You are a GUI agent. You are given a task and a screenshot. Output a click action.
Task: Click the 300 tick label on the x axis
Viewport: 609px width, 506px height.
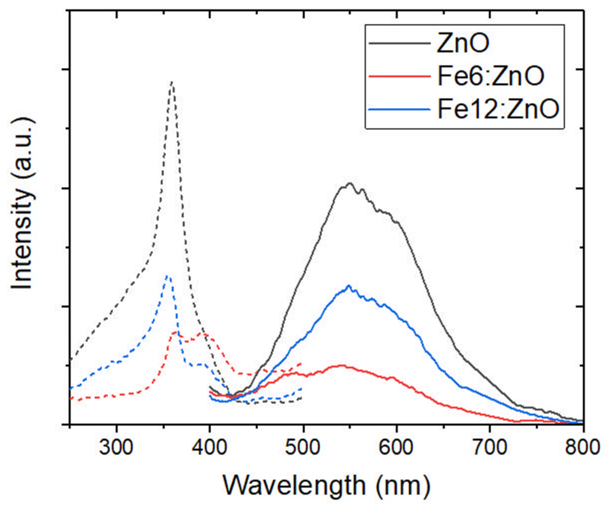pos(116,447)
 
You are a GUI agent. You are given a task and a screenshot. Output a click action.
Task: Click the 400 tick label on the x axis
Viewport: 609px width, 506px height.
pos(209,447)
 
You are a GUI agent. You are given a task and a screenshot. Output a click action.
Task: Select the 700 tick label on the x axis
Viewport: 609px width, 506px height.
pos(489,447)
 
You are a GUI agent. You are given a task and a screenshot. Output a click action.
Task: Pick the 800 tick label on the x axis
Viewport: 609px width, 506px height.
pos(582,447)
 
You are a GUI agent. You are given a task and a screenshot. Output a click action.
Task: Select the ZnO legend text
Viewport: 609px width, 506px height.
pos(463,44)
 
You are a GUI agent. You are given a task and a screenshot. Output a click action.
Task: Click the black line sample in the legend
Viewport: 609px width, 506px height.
pos(400,44)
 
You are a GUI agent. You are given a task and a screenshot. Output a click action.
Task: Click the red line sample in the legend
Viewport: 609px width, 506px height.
pos(400,76)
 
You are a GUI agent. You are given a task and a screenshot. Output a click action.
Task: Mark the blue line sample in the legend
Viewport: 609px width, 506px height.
pos(400,109)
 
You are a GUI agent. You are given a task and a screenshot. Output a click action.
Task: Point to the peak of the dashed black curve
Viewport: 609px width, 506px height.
pos(172,82)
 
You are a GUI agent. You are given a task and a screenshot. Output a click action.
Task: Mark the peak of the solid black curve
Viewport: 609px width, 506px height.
pos(350,183)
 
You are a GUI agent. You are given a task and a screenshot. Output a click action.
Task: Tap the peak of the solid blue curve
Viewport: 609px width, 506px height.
pos(348,286)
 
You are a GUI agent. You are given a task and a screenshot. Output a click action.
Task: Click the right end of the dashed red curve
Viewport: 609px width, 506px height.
pos(301,363)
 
